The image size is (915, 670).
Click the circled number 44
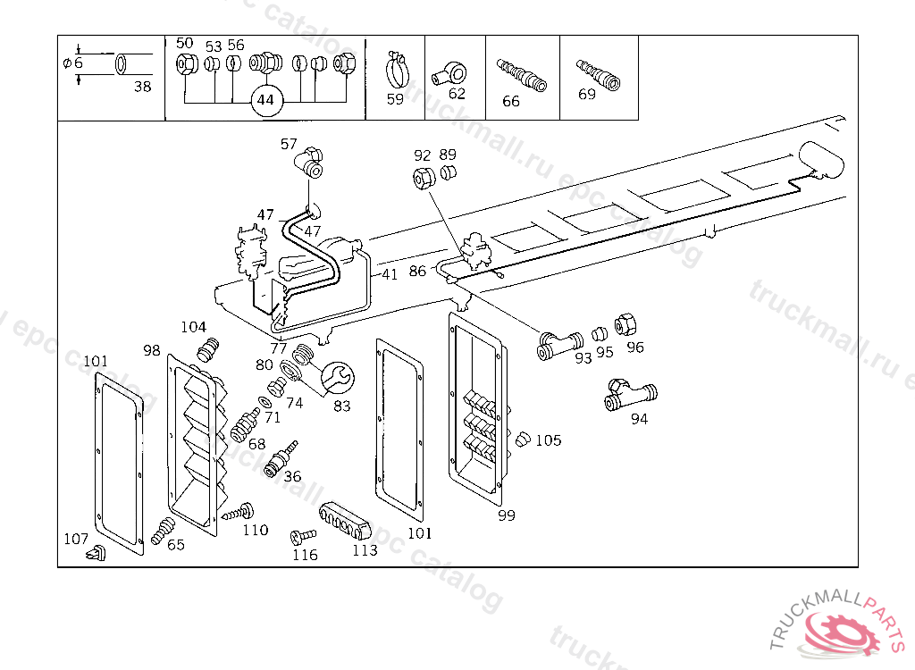coord(265,100)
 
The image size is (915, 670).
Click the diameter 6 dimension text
coord(72,63)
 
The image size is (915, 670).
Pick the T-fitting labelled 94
coord(631,394)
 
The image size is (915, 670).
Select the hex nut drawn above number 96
coord(627,323)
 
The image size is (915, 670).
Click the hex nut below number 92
coord(424,177)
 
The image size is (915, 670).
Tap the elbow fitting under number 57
coord(310,163)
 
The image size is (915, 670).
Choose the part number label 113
coord(365,550)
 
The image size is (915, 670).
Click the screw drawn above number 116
coord(302,536)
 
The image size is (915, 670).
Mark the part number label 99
coord(507,515)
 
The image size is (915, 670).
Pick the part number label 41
coord(390,274)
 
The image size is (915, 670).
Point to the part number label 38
coord(143,87)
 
